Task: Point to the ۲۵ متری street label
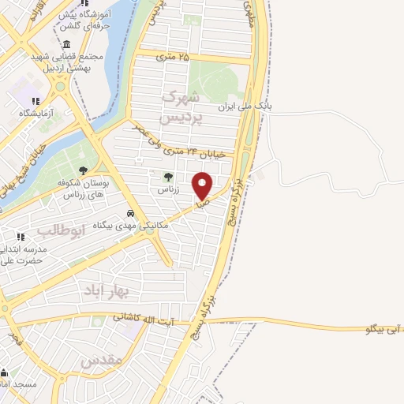click(x=173, y=56)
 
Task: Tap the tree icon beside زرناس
click(x=167, y=177)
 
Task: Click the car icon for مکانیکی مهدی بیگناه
click(x=129, y=213)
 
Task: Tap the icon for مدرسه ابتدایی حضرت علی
click(x=21, y=237)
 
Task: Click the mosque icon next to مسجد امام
click(x=5, y=373)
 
